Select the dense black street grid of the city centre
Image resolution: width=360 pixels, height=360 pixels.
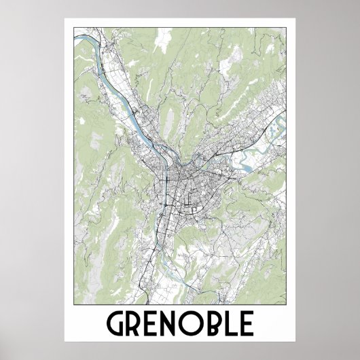pos(180,180)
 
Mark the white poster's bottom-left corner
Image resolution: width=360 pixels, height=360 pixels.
pos(65,341)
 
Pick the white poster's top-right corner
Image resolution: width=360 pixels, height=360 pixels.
pos(295,19)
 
